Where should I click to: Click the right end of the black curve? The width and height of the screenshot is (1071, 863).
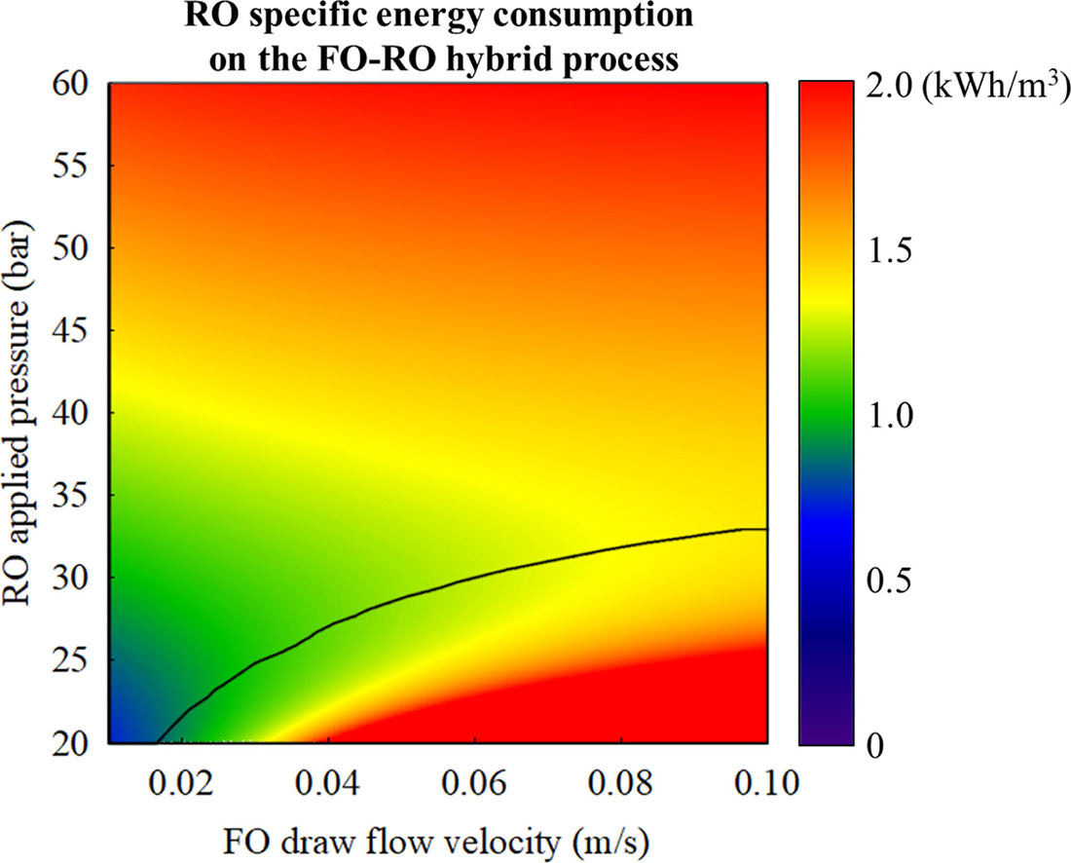coord(766,529)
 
